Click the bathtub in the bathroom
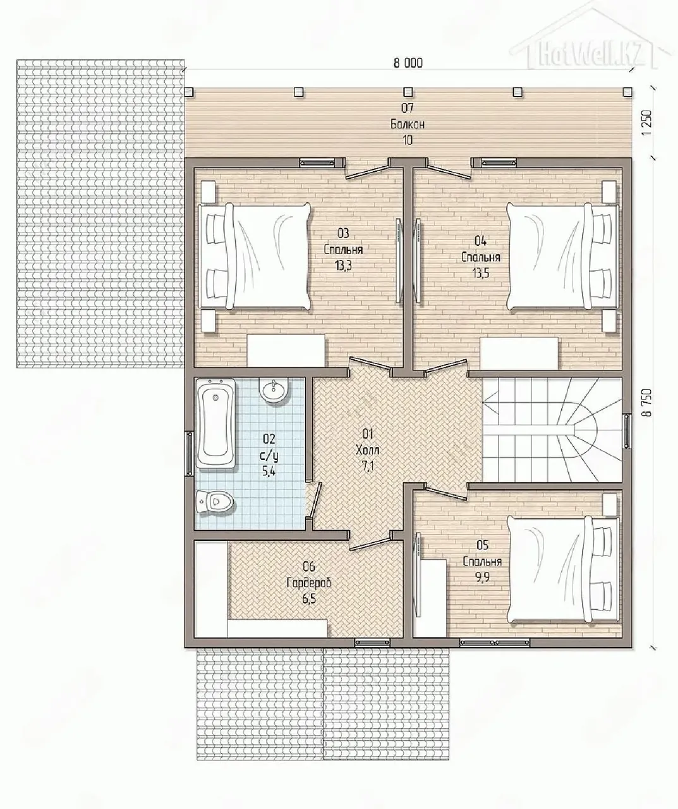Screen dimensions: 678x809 (x=216, y=424)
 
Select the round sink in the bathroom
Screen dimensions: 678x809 (x=274, y=391)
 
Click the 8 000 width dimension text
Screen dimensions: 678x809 (x=408, y=63)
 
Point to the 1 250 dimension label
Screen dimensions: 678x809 (x=646, y=123)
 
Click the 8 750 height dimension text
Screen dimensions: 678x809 (x=646, y=403)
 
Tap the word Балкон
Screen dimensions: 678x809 (x=407, y=125)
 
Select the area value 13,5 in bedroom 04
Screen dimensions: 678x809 (x=480, y=273)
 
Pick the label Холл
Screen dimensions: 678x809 (x=367, y=450)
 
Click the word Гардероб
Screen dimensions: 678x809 (x=309, y=583)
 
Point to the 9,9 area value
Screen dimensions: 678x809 (x=482, y=578)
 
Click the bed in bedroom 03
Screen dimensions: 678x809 (x=255, y=257)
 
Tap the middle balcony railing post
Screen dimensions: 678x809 (x=408, y=92)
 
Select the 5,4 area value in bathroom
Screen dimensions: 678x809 (x=269, y=471)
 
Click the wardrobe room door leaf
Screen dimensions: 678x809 (x=370, y=543)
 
